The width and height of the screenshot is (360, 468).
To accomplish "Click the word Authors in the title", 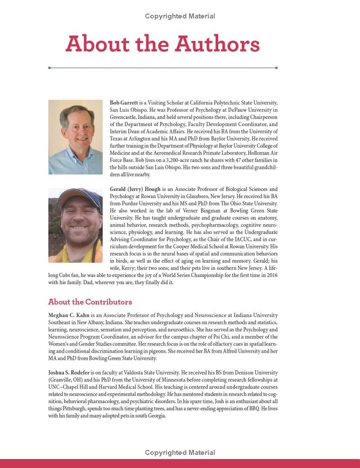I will [x=217, y=44].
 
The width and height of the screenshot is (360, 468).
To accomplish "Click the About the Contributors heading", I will [x=90, y=302].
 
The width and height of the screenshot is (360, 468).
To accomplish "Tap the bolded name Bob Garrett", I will [x=124, y=103].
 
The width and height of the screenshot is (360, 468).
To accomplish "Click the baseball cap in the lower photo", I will [x=81, y=198].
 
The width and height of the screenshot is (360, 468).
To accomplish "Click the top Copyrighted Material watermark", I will [x=180, y=16].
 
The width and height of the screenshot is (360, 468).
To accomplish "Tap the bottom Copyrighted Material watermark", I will [x=180, y=453].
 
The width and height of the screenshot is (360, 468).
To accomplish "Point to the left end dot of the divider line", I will [x=49, y=68].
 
